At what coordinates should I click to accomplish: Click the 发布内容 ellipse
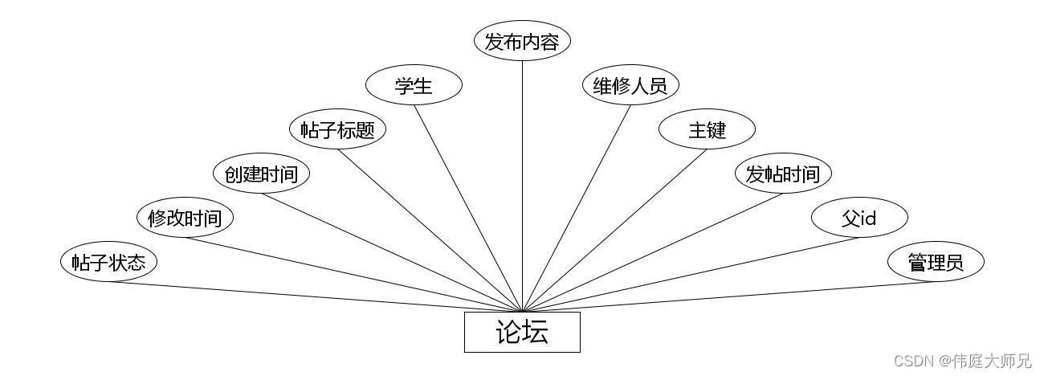[x=522, y=41]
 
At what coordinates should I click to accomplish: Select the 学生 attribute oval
[x=414, y=85]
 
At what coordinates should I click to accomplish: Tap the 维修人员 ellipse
[x=630, y=85]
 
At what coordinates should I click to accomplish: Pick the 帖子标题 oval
[x=337, y=129]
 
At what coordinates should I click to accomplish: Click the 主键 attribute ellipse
[x=707, y=129]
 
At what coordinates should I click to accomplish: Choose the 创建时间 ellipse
[x=262, y=174]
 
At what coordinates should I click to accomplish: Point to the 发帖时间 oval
[x=784, y=174]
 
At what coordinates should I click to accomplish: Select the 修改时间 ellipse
[x=185, y=218]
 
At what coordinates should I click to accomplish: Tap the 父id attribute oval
[x=859, y=218]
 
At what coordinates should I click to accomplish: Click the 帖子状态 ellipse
[x=108, y=262]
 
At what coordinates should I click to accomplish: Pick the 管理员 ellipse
[x=936, y=262]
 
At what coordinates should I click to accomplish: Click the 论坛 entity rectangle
[x=522, y=332]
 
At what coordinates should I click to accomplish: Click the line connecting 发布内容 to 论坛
[x=522, y=186]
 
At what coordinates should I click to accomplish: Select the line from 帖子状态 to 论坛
[x=316, y=296]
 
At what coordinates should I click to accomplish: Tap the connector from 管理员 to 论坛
[x=729, y=296]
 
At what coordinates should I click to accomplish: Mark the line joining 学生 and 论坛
[x=468, y=209]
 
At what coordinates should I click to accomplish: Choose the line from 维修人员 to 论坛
[x=577, y=209]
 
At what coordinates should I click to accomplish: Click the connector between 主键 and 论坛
[x=614, y=231]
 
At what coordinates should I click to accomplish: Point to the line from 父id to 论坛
[x=691, y=275]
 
